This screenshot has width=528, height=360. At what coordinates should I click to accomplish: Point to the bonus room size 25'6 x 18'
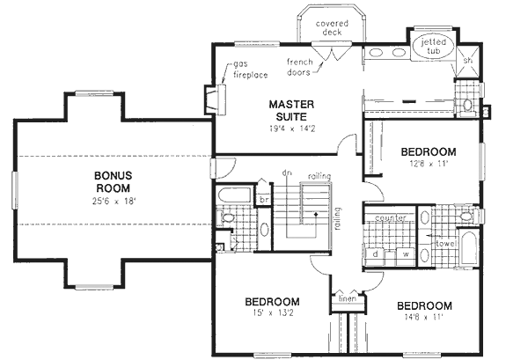click(x=114, y=202)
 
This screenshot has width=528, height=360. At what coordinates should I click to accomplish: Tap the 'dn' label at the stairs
click(x=287, y=172)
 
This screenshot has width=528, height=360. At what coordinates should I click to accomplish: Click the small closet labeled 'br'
click(x=263, y=200)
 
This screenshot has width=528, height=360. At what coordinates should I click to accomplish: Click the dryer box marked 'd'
click(x=376, y=253)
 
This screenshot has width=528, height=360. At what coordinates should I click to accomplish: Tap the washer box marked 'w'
click(x=406, y=253)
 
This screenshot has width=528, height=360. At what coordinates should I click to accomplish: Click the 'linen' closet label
click(x=346, y=298)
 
